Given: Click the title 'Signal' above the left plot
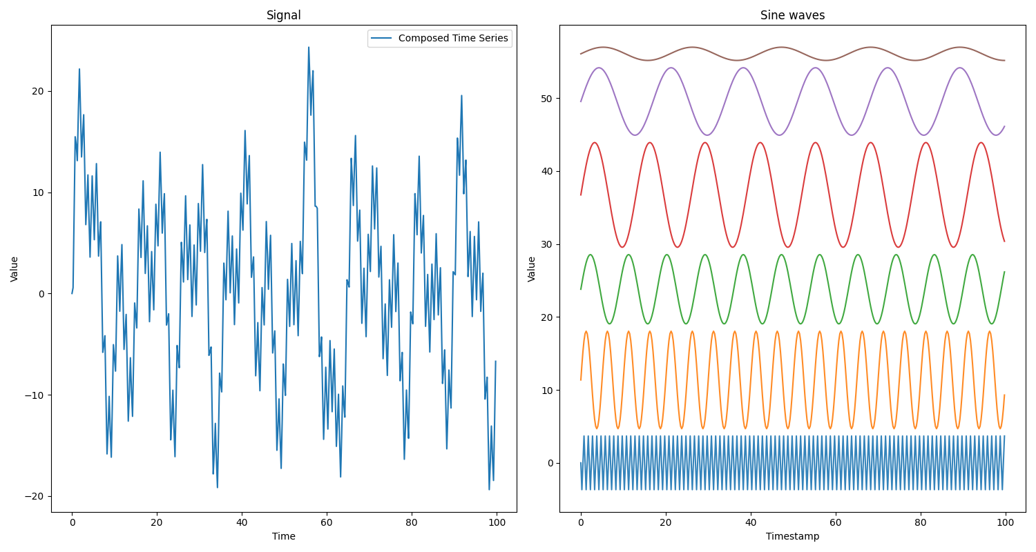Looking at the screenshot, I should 283,15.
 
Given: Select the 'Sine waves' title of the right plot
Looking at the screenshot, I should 792,15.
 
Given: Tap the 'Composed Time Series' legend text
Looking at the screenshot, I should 453,39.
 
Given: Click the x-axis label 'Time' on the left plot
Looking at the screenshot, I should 283,536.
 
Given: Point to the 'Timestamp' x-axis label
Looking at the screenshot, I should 792,536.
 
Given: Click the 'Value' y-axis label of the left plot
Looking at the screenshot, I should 15,269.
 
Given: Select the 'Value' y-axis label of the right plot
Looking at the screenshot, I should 532,269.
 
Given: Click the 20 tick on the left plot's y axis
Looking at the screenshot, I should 37,91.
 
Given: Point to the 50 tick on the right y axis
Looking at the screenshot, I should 546,99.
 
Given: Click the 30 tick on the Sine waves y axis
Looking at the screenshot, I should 546,244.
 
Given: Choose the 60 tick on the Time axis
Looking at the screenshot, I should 326,524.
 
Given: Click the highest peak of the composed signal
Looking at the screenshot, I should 309,47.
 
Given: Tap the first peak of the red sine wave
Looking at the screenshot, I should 594,143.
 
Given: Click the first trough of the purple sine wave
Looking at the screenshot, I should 635,135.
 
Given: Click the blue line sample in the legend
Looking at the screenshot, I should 381,39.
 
